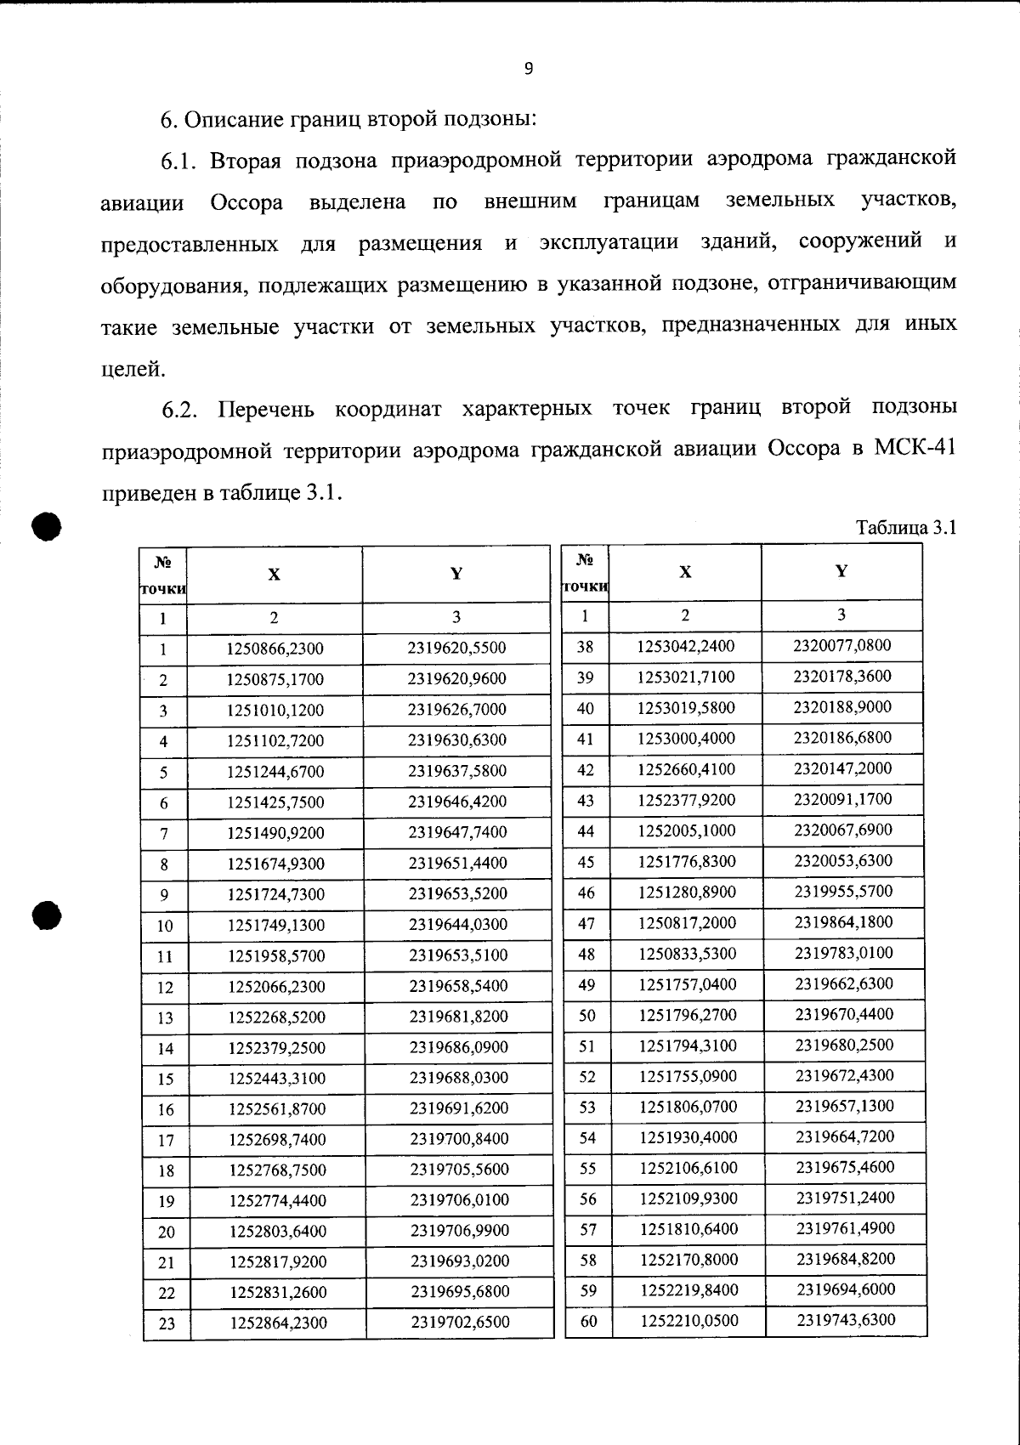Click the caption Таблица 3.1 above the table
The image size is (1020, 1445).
906,528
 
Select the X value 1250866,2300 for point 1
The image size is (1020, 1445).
275,649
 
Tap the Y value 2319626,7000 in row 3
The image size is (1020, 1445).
457,710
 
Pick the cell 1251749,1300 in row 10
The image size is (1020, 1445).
276,925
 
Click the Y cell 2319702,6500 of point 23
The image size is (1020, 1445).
460,1323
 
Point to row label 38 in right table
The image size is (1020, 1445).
585,647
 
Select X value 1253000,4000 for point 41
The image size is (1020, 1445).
687,739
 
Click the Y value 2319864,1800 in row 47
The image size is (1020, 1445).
844,922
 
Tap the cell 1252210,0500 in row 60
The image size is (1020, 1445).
689,1321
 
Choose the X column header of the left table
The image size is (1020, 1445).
274,575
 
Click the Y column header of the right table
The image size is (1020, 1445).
841,571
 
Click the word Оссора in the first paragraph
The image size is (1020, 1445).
246,203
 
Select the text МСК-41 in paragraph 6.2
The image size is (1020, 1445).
915,449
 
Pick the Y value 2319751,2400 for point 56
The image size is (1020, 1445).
845,1198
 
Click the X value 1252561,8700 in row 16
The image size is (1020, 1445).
277,1109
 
